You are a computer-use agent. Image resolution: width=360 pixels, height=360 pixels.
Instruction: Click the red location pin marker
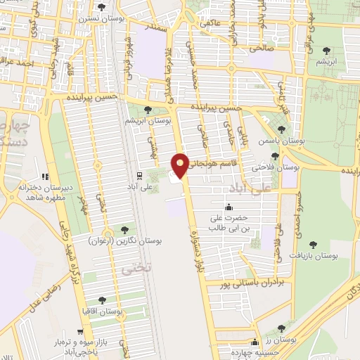[x=181, y=165]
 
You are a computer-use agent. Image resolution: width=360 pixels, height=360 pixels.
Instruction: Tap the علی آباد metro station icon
[x=139, y=174]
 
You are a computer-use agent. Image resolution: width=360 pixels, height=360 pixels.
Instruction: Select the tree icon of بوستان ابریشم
[x=147, y=110]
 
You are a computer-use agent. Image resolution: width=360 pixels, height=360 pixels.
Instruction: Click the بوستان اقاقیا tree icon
[x=103, y=300]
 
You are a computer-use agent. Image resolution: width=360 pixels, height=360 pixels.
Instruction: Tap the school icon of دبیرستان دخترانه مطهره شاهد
[x=45, y=176]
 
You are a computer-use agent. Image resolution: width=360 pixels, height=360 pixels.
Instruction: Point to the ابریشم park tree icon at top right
[x=326, y=50]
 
